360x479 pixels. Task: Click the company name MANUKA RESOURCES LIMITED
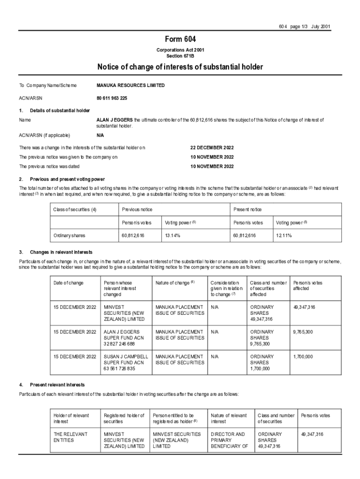[130, 86]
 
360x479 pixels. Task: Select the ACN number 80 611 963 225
[112, 98]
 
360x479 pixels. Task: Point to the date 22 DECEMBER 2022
[212, 147]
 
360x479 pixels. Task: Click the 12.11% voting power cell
[284, 236]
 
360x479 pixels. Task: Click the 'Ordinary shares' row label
[70, 236]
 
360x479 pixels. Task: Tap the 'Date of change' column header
[69, 283]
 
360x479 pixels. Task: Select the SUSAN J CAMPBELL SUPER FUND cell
[126, 363]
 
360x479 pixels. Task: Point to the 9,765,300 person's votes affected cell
[304, 332]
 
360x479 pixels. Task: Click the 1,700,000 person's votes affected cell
[303, 356]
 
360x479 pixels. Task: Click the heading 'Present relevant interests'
[58, 385]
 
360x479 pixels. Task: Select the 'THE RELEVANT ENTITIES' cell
[71, 437]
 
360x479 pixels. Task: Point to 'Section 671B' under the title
[180, 55]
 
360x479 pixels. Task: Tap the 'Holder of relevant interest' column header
[72, 418]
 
